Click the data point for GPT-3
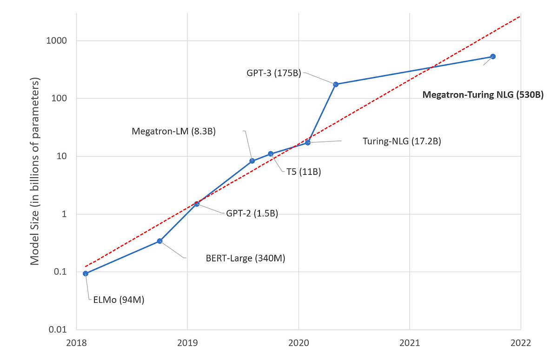tap(336, 84)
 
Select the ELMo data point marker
tap(86, 273)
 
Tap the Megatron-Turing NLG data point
tap(493, 56)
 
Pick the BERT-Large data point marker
tap(159, 241)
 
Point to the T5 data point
tap(270, 154)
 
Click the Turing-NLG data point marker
tap(308, 142)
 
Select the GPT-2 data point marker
tap(197, 204)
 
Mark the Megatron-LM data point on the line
tap(252, 161)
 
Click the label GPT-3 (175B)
tap(274, 73)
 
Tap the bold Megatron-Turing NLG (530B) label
tap(483, 95)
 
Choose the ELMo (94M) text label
tap(116, 300)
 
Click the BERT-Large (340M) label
tap(245, 258)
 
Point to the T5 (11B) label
tap(301, 172)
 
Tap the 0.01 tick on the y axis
tap(57, 330)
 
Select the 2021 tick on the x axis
tap(409, 343)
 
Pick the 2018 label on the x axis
tap(76, 343)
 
